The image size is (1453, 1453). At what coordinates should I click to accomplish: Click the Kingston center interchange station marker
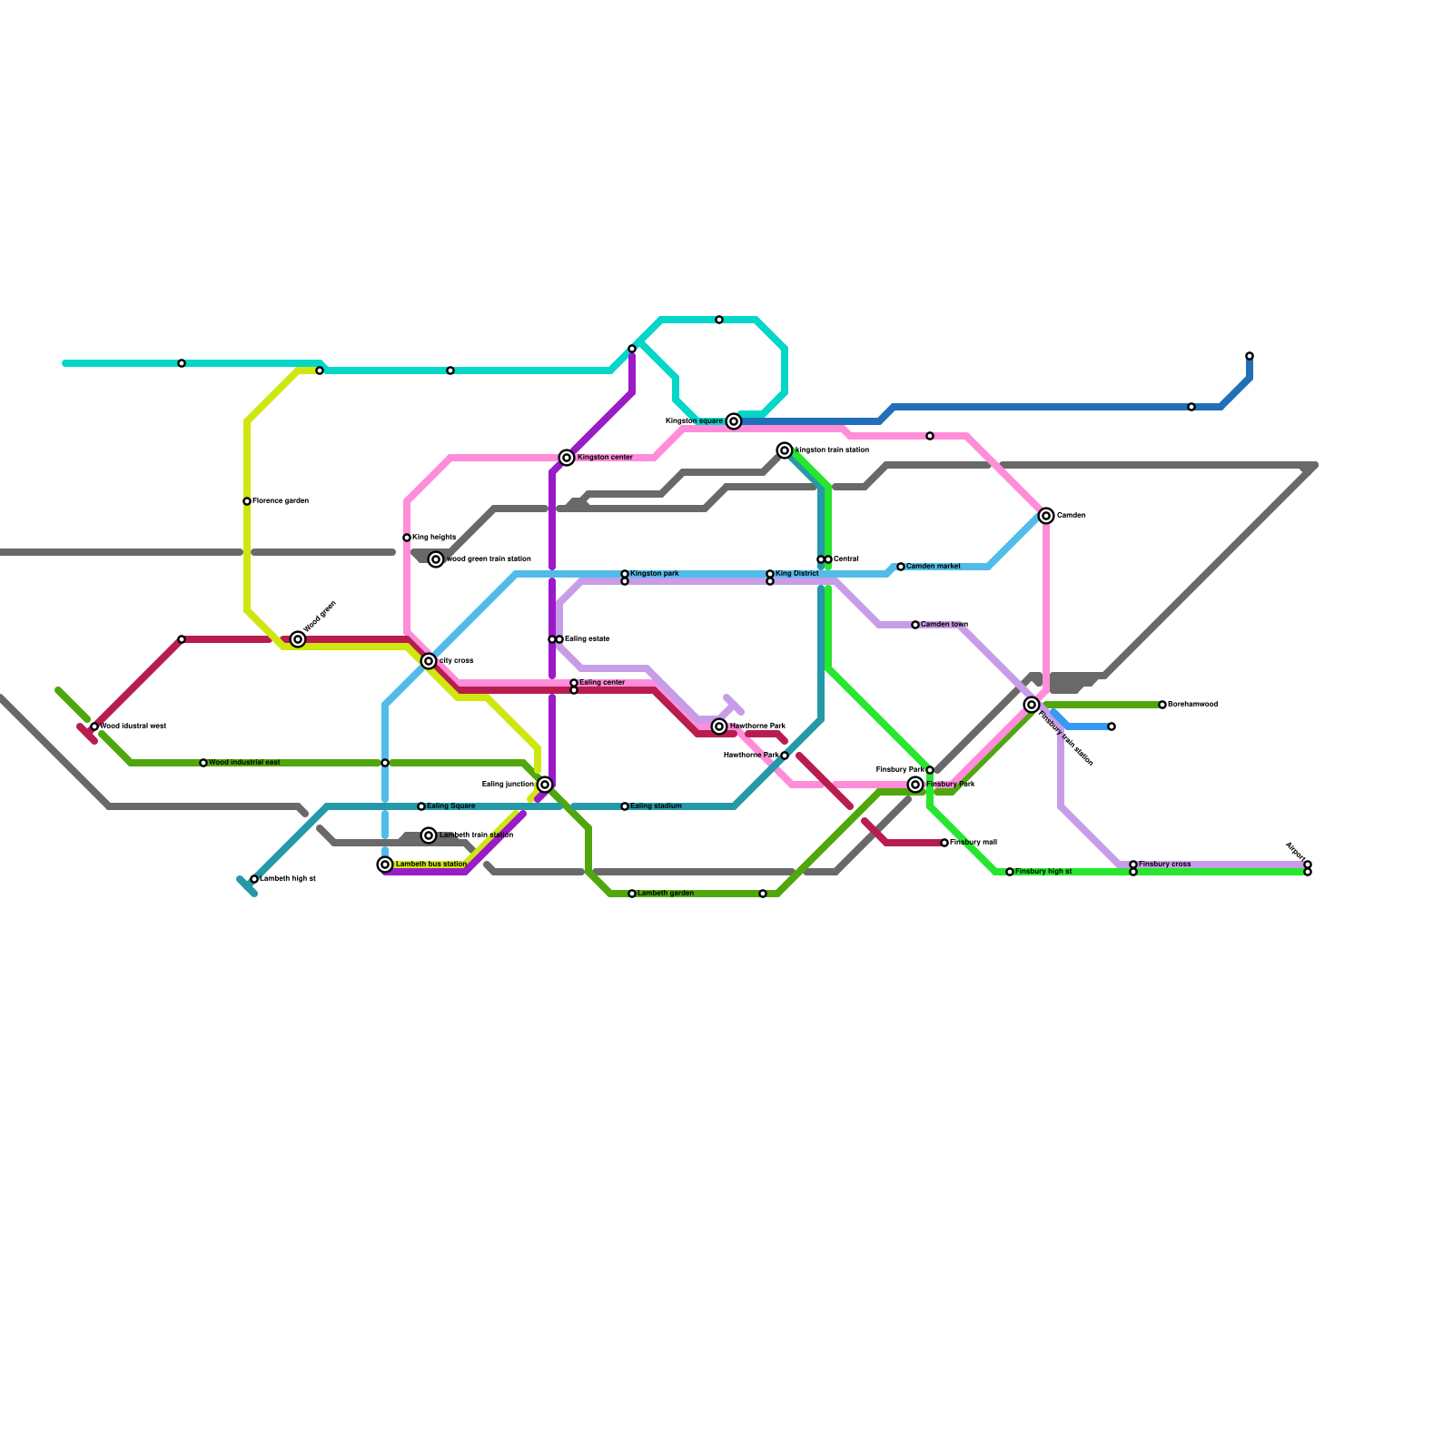pyautogui.click(x=567, y=458)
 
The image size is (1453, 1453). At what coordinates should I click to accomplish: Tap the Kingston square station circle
pyautogui.click(x=734, y=421)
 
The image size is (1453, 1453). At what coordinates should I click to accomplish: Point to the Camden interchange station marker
pyautogui.click(x=1046, y=516)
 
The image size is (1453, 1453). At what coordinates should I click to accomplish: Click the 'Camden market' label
pyautogui.click(x=934, y=567)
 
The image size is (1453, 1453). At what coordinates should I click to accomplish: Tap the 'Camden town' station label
pyautogui.click(x=944, y=625)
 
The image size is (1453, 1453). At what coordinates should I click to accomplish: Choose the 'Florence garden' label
pyautogui.click(x=281, y=501)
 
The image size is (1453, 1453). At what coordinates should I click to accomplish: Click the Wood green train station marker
pyautogui.click(x=436, y=559)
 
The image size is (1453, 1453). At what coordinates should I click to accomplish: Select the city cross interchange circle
pyautogui.click(x=429, y=661)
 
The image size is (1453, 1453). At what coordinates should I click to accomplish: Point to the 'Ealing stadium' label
pyautogui.click(x=656, y=806)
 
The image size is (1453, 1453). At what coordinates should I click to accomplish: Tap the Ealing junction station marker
pyautogui.click(x=545, y=785)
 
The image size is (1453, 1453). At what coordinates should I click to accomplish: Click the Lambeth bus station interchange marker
pyautogui.click(x=385, y=865)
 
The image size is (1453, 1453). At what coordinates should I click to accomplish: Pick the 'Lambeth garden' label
pyautogui.click(x=666, y=894)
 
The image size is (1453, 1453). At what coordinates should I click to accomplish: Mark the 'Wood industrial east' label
pyautogui.click(x=244, y=763)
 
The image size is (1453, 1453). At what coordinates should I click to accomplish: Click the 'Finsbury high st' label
pyautogui.click(x=1043, y=872)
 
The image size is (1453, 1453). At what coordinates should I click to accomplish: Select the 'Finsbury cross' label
pyautogui.click(x=1165, y=865)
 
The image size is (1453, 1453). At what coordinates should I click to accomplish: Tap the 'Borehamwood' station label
pyautogui.click(x=1193, y=705)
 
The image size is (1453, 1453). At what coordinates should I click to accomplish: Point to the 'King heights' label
pyautogui.click(x=434, y=538)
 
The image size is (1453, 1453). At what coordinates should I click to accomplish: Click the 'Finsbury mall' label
pyautogui.click(x=974, y=843)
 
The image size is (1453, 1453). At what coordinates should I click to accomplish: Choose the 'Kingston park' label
pyautogui.click(x=655, y=574)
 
